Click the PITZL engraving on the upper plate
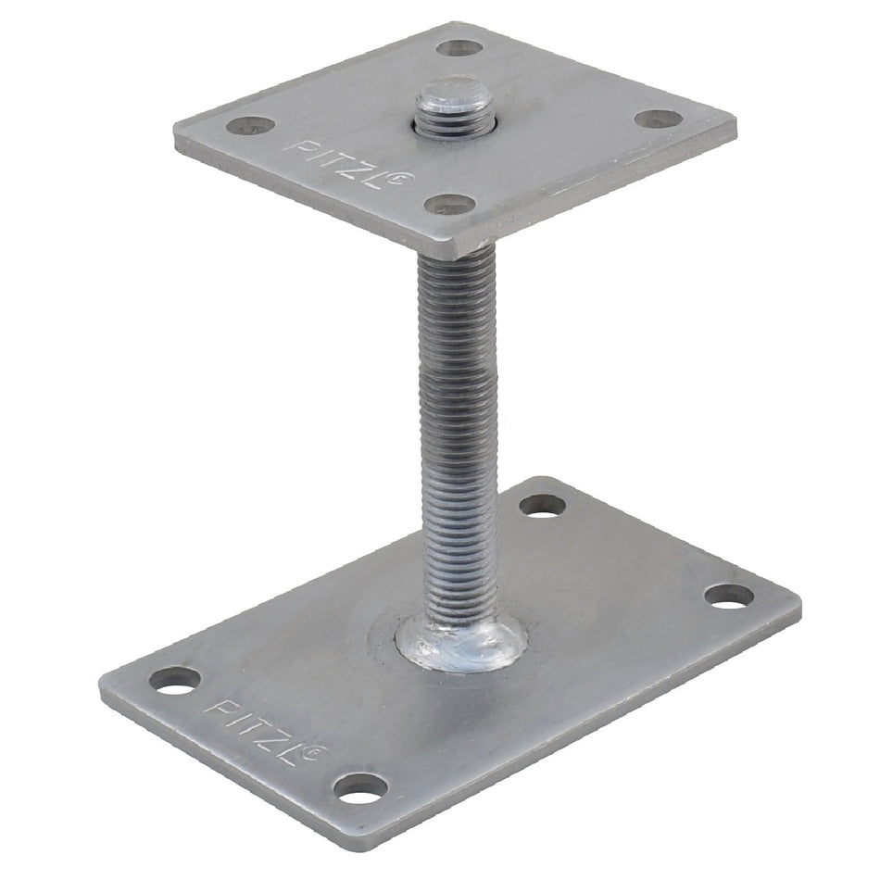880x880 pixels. (x=348, y=164)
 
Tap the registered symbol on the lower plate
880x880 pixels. (x=318, y=751)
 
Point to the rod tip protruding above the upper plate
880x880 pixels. (x=454, y=109)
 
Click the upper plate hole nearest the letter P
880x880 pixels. (x=251, y=125)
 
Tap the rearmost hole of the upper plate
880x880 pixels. (x=459, y=48)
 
